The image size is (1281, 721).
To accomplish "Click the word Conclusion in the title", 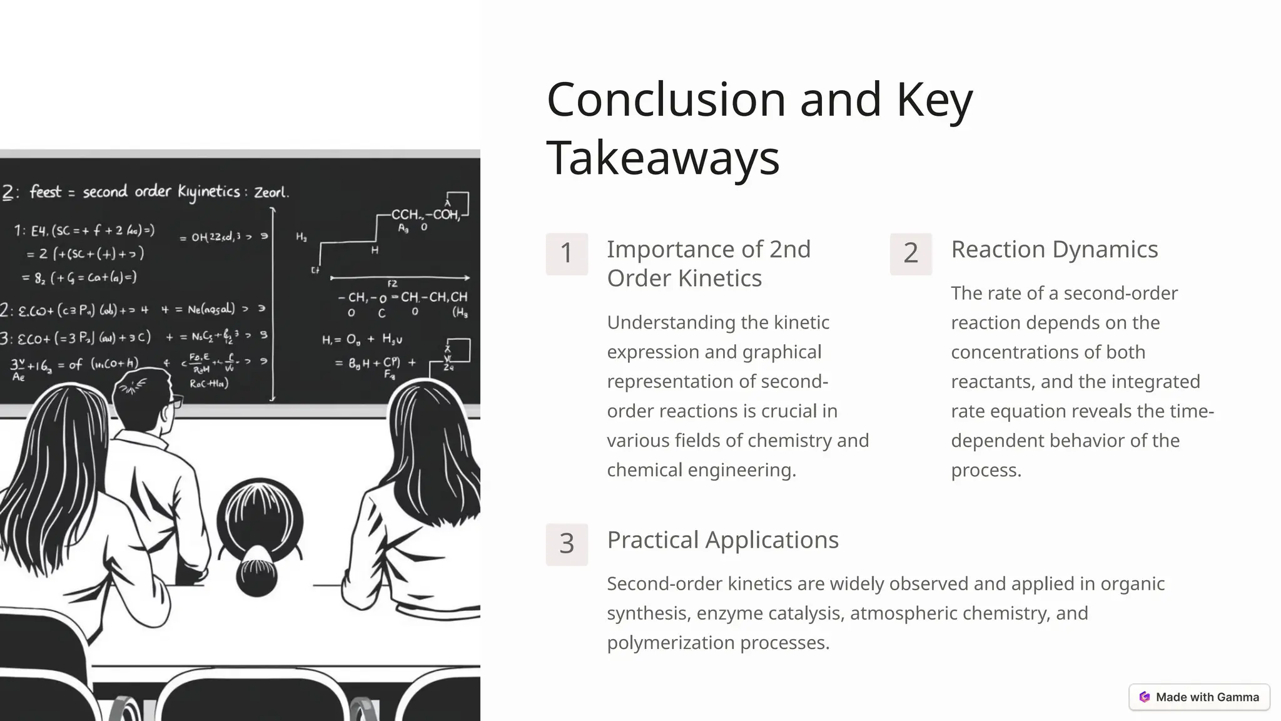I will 666,100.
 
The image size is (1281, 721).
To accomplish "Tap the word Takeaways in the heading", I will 663,158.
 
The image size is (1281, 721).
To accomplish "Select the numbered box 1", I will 567,253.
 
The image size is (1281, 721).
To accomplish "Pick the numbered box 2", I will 911,253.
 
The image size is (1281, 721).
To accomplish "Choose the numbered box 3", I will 567,544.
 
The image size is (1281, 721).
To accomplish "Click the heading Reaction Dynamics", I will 1054,250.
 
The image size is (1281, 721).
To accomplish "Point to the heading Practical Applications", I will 722,540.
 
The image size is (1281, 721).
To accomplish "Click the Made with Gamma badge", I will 1199,697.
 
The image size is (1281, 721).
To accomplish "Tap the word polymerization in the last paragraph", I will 671,643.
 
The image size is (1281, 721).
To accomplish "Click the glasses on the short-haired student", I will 175,401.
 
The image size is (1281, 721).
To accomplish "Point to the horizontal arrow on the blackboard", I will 400,277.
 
